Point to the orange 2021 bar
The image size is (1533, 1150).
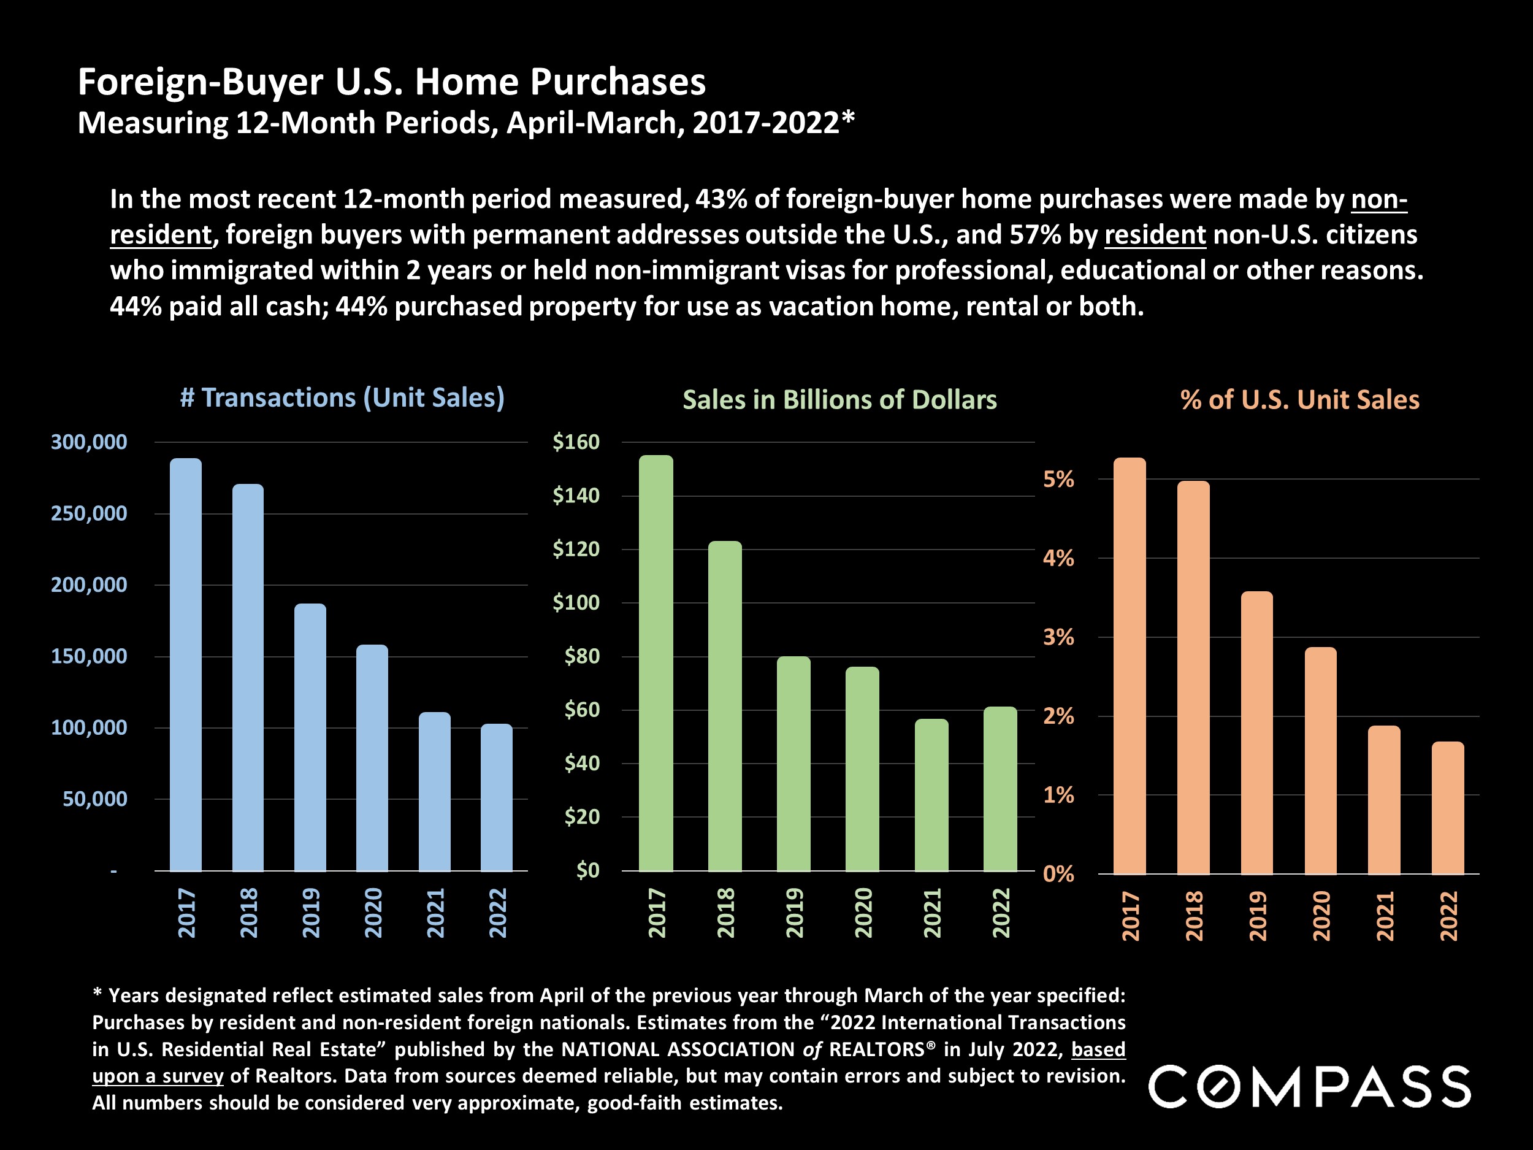pos(1384,800)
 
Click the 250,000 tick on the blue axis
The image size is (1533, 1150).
pos(89,513)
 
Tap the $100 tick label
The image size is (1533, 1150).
pos(576,602)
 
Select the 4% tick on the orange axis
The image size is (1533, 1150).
pos(1058,558)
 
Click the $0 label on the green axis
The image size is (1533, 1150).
pos(587,870)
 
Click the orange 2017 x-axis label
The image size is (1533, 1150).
pos(1130,916)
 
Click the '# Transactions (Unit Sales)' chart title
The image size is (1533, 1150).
pos(342,398)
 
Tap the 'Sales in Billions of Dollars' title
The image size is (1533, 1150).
pos(839,400)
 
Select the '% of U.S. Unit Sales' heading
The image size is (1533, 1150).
pos(1299,400)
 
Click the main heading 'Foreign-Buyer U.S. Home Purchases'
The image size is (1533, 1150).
pos(392,82)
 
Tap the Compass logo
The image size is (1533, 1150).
pos(1309,1087)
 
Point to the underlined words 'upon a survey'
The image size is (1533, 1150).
pos(158,1076)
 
